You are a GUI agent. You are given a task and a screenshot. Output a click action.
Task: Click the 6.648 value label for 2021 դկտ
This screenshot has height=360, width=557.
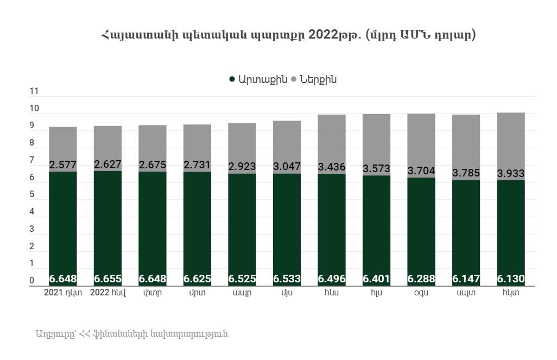click(63, 279)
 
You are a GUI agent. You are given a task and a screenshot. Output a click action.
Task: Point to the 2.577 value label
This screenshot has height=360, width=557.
click(63, 165)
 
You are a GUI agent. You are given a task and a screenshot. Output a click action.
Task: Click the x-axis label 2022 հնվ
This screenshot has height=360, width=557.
click(107, 292)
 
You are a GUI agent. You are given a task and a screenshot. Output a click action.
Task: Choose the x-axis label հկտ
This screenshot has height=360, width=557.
click(511, 292)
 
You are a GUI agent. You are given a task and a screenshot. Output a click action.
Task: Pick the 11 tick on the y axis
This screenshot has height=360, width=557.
click(34, 92)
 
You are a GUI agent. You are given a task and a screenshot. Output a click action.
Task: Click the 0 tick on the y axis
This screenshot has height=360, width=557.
click(31, 281)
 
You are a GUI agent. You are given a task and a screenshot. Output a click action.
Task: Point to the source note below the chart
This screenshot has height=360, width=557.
click(132, 333)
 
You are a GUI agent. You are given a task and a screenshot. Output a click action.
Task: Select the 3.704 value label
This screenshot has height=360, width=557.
click(421, 170)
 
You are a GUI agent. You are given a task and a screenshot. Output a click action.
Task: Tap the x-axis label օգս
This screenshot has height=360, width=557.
click(421, 292)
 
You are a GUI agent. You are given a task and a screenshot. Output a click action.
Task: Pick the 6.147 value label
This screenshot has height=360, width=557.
click(466, 279)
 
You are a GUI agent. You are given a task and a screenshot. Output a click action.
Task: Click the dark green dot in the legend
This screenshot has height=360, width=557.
click(232, 79)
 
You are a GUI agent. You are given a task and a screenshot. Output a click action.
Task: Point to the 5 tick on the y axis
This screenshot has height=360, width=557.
click(31, 194)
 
